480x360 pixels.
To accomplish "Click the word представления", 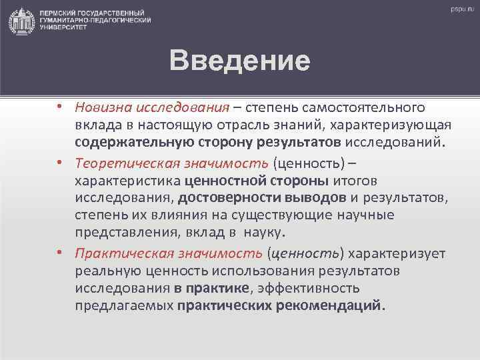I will [x=131, y=233].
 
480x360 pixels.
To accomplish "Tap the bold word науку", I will [x=264, y=233].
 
